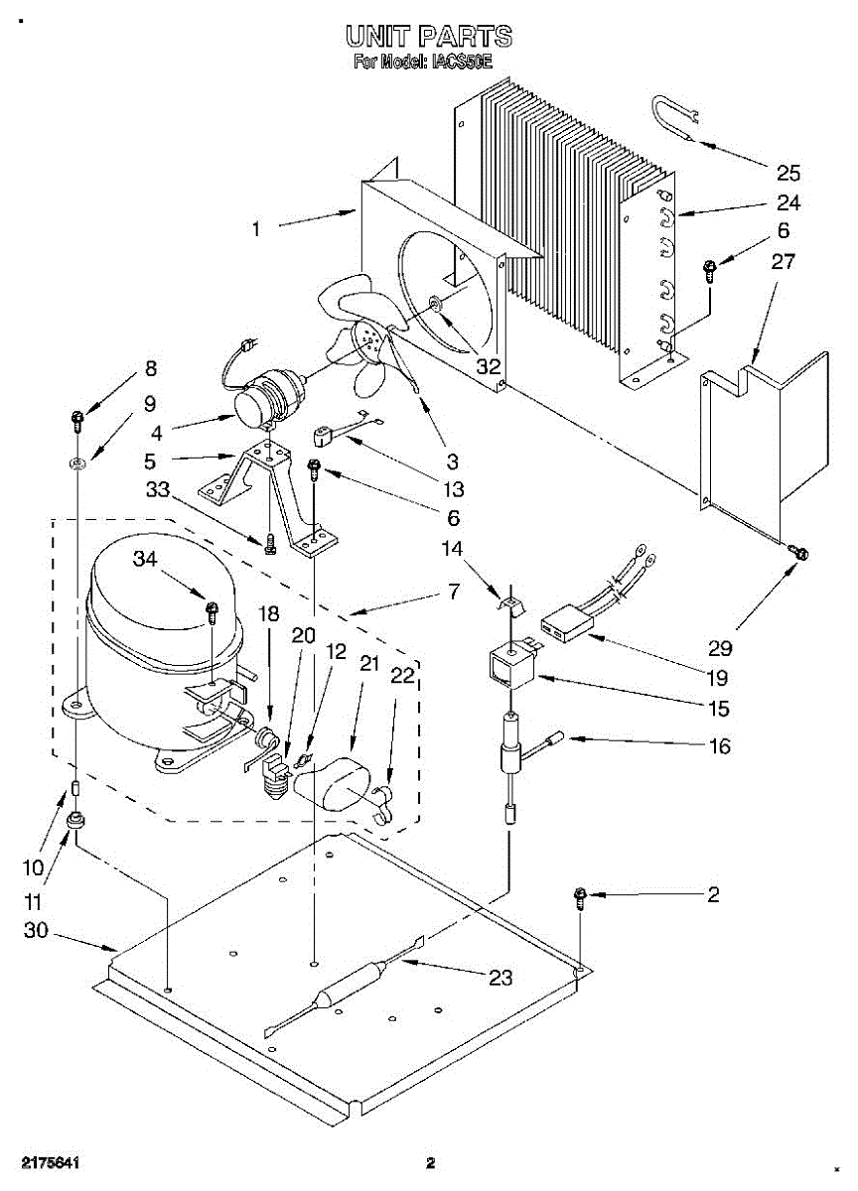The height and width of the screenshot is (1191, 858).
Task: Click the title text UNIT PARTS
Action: click(429, 38)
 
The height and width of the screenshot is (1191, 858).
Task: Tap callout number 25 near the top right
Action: click(787, 174)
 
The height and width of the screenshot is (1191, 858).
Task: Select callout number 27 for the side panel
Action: click(783, 262)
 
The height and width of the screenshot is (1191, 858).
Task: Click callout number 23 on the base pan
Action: click(500, 979)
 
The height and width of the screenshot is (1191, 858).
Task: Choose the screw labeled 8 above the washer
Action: click(77, 419)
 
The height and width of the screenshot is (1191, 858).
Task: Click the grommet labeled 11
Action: click(75, 823)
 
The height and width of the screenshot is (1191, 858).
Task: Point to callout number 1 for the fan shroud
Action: click(256, 229)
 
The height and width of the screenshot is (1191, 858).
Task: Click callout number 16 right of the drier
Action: click(718, 745)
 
